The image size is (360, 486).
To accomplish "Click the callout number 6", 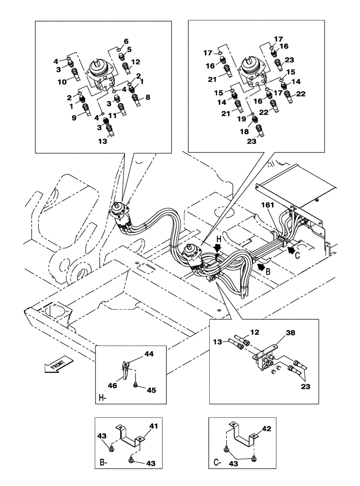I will point(126,41).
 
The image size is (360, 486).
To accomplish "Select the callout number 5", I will point(129,50).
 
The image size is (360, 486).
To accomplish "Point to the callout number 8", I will point(148,97).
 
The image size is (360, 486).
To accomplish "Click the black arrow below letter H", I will point(218,248).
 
